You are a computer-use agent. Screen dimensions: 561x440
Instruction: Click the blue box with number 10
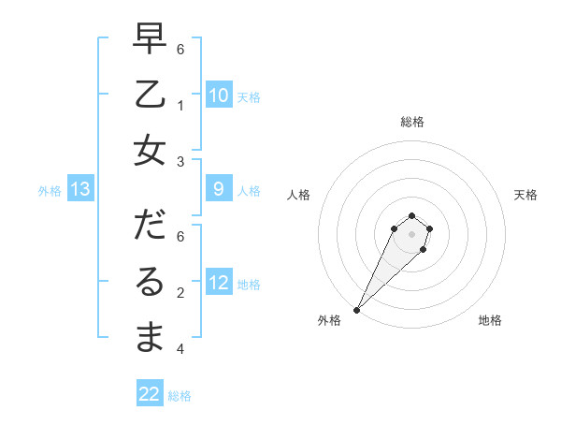point(219,95)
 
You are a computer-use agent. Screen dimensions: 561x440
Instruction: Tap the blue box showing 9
point(219,189)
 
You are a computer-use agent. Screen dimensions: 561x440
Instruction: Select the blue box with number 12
point(219,283)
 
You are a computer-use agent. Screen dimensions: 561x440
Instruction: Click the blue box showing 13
point(80,190)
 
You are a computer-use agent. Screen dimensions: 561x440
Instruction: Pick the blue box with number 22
point(150,394)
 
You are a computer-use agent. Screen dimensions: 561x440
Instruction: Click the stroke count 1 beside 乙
point(180,106)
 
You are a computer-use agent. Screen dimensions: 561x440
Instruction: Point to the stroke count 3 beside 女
point(180,162)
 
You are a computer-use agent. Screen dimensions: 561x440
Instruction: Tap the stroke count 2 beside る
point(180,293)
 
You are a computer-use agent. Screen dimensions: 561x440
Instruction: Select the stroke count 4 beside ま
point(180,349)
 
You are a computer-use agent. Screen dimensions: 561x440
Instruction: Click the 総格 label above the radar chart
point(411,122)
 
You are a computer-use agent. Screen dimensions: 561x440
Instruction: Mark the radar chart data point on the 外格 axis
point(357,309)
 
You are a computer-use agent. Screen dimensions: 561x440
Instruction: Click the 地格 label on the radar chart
point(490,320)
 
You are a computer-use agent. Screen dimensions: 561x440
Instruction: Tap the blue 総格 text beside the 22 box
point(180,396)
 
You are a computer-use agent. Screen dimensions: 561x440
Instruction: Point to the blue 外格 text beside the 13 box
point(50,191)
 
